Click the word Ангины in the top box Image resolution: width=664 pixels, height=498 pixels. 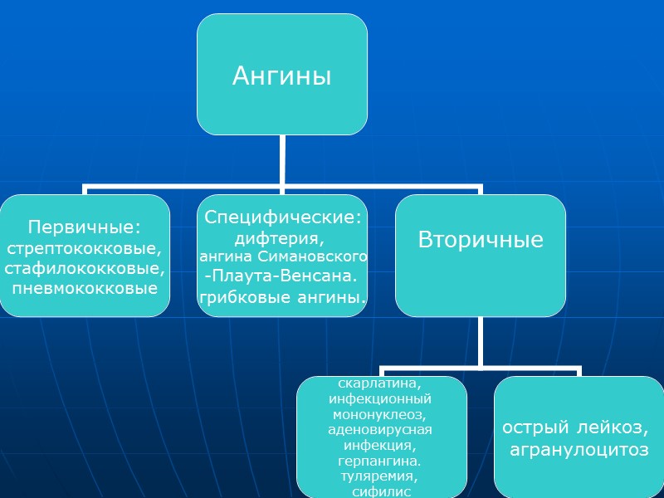coord(281,76)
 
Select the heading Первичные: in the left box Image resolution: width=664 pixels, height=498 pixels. coord(85,227)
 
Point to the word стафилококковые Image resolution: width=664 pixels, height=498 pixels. coord(85,268)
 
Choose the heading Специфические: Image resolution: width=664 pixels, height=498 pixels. coord(283,217)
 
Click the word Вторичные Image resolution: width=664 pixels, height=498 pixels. coord(481,241)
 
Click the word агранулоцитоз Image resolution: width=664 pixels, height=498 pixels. coord(578,450)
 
